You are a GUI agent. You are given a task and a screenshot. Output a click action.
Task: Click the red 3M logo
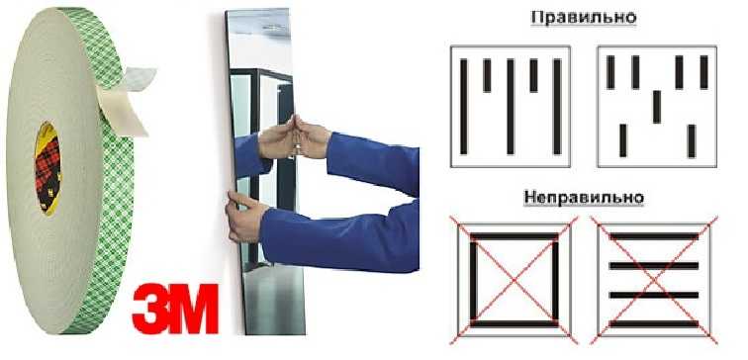[x=174, y=307]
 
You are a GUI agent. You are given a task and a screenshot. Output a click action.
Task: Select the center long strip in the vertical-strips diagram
[x=511, y=106]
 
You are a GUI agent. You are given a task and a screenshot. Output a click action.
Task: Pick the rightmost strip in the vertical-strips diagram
[x=556, y=106]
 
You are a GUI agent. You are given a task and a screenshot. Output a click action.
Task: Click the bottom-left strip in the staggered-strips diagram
[x=621, y=140]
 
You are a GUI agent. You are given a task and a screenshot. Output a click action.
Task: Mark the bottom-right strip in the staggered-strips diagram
[x=692, y=140]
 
